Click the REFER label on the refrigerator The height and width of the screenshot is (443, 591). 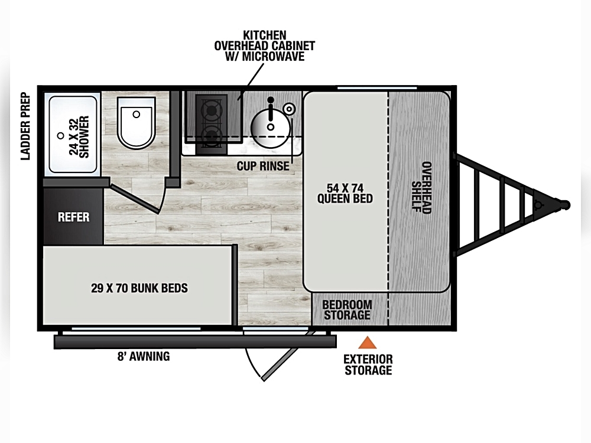tap(73, 217)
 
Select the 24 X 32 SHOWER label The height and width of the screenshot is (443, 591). tap(79, 136)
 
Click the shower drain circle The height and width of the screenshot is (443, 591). tap(60, 136)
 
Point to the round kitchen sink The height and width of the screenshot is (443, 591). tap(271, 127)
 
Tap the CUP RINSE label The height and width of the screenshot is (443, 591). tap(263, 166)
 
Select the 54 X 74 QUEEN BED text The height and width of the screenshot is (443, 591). tap(345, 193)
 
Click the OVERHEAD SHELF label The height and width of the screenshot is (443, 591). tap(421, 187)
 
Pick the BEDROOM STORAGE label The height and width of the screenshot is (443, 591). tap(347, 310)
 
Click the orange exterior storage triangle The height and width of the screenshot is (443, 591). tap(367, 343)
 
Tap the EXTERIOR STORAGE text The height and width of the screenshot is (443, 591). tap(368, 364)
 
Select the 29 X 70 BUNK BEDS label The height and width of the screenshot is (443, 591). tap(139, 288)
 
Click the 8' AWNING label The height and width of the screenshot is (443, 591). tap(144, 356)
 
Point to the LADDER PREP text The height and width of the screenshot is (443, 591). tap(25, 126)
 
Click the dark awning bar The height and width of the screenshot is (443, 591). tap(195, 341)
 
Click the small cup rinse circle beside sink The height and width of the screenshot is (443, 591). tap(289, 109)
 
